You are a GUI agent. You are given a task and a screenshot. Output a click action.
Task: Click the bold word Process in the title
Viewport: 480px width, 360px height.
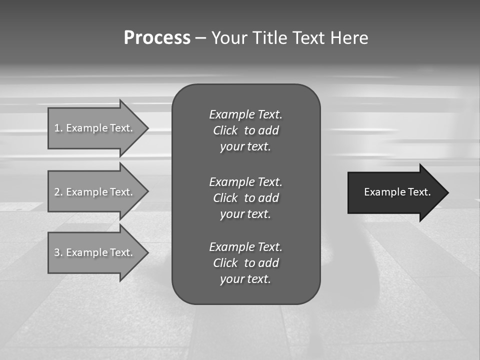tap(157, 38)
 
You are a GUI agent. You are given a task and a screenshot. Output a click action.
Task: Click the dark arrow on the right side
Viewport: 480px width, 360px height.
tap(395, 192)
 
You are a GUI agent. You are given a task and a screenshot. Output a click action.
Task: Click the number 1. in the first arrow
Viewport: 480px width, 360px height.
tap(58, 128)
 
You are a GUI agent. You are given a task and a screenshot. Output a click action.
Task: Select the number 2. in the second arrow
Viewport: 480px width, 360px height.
tap(58, 192)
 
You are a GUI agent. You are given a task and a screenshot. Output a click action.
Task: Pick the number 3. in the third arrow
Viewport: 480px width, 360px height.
tap(58, 252)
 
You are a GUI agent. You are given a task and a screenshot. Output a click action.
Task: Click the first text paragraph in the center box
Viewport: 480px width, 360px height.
tap(245, 130)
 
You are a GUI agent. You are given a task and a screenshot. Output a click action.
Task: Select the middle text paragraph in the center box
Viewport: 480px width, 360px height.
tap(245, 198)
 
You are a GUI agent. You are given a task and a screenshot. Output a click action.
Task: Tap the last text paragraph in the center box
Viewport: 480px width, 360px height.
tap(245, 263)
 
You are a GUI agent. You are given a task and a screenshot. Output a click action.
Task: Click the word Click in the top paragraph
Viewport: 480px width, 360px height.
tap(225, 130)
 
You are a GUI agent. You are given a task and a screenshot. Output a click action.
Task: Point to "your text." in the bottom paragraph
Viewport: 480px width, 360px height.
tap(245, 279)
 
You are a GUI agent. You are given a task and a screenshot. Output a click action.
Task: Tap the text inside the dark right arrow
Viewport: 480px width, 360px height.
tap(397, 192)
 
